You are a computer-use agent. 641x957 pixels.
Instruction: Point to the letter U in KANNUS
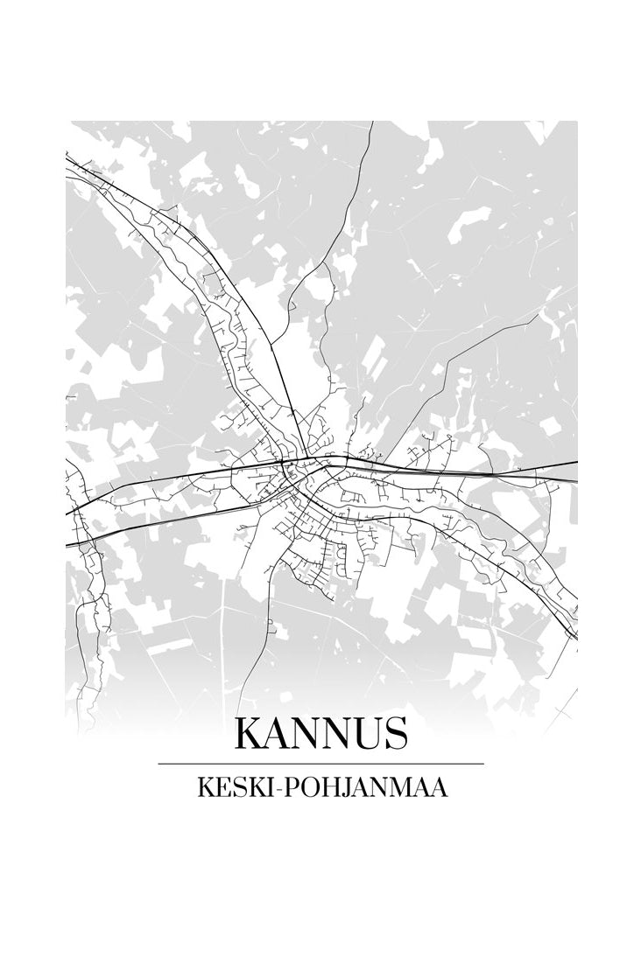pos(363,734)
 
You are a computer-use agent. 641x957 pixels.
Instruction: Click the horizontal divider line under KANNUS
pos(320,764)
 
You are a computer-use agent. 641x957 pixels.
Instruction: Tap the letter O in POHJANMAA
pos(303,788)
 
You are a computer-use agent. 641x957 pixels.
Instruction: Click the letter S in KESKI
pos(234,788)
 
